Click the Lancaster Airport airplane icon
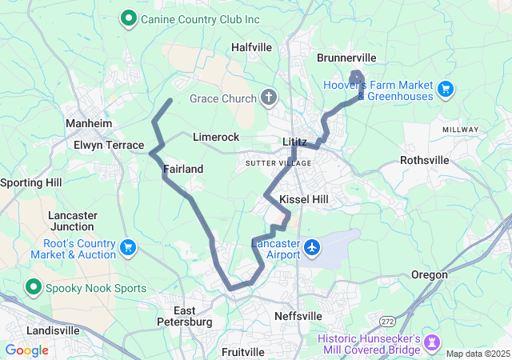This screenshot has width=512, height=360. tap(312, 249)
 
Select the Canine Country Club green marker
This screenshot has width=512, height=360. tap(127, 17)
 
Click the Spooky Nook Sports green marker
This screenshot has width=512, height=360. tap(33, 288)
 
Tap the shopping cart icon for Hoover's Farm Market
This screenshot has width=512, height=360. tap(446, 88)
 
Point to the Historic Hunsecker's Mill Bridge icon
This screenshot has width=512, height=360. tap(434, 342)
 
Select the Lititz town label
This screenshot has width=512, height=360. tap(294, 142)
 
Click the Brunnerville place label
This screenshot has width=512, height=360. tap(346, 58)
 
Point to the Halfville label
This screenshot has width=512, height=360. tap(251, 47)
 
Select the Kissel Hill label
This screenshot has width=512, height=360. tap(303, 198)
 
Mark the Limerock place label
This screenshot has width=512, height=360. tap(216, 138)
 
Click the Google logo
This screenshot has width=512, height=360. tap(27, 350)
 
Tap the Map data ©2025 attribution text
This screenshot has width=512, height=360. tap(477, 354)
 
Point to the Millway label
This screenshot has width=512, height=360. tap(460, 129)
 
